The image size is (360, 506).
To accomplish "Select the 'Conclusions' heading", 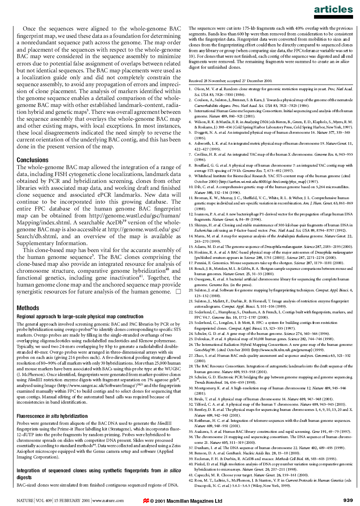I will [x=33, y=160].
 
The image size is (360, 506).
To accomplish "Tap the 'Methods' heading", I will [x=28, y=308].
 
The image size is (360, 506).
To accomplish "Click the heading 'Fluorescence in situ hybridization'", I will [x=52, y=416].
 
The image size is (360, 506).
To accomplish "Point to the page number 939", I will [x=348, y=501].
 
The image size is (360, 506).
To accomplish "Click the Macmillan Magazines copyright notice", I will [x=186, y=501].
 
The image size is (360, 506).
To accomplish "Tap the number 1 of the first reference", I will [x=190, y=89].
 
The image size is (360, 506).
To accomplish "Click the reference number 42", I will [x=190, y=481].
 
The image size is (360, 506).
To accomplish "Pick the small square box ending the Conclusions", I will [x=178, y=291].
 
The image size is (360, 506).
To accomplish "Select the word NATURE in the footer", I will [x=25, y=501].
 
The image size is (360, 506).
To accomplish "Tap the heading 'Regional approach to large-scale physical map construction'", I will [x=74, y=316].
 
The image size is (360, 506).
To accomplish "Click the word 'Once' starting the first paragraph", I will [x=30, y=29].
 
